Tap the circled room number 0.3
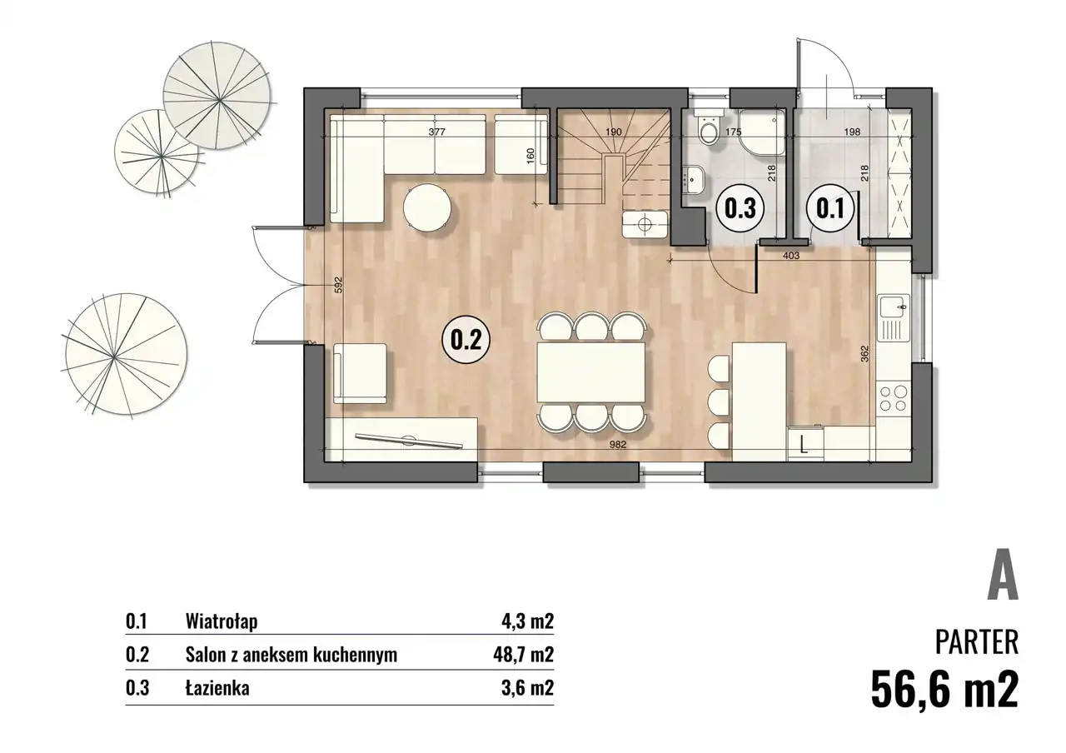[x=742, y=208]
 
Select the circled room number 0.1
[x=830, y=208]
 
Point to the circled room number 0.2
[x=466, y=341]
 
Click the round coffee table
[x=428, y=209]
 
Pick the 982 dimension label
[x=618, y=445]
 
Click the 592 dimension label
[x=339, y=285]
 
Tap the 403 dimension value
[x=791, y=256]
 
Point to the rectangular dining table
[x=591, y=372]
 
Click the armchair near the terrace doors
[x=360, y=374]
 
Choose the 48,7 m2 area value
[x=523, y=655]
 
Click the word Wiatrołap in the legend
[x=222, y=622]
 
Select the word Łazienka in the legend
[x=217, y=688]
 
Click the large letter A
[x=1003, y=575]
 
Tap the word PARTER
[x=977, y=642]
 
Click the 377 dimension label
[x=437, y=132]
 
